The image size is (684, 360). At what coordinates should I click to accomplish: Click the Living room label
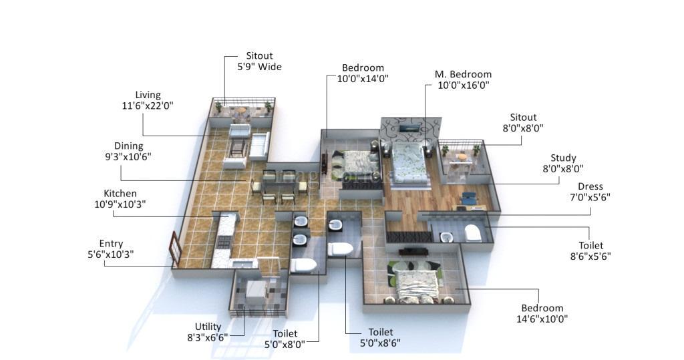click(x=148, y=95)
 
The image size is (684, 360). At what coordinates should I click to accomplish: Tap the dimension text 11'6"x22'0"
click(x=148, y=106)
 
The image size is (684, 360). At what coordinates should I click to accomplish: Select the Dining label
click(x=128, y=146)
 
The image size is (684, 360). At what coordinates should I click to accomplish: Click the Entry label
click(x=111, y=244)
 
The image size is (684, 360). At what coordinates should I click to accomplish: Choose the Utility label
click(x=208, y=327)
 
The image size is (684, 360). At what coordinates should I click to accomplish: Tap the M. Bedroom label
click(x=463, y=74)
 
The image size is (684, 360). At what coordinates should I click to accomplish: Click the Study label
click(x=563, y=158)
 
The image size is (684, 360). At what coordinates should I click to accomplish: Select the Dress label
click(x=590, y=186)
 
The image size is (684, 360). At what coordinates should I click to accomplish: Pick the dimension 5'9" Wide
click(x=259, y=67)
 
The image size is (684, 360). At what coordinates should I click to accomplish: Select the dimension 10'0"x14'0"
click(x=363, y=78)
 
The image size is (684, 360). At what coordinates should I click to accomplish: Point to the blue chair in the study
click(x=469, y=198)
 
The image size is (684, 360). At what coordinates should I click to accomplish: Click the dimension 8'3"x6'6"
click(x=208, y=337)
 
